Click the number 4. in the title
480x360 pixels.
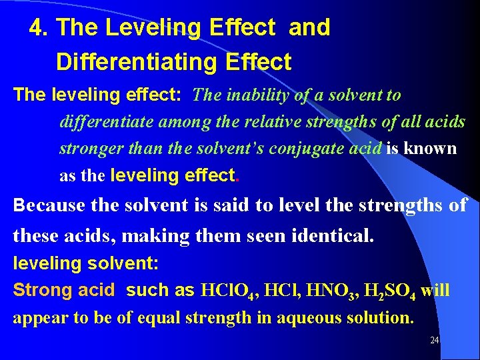tap(40, 28)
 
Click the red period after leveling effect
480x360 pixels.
tap(239, 176)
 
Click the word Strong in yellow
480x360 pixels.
tap(42, 291)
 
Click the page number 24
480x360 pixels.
tap(434, 340)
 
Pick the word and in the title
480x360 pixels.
tap(310, 28)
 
